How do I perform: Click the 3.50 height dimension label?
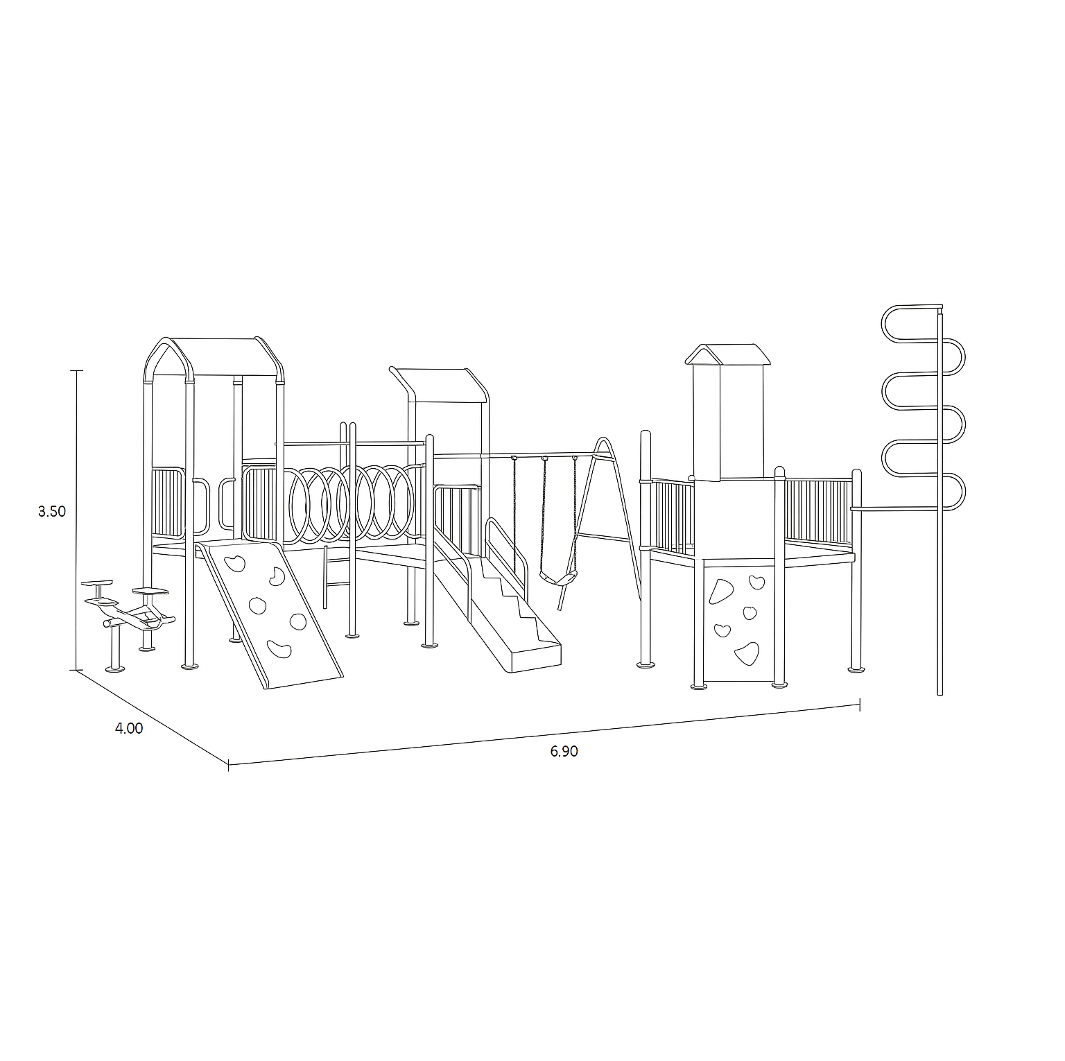pyautogui.click(x=51, y=512)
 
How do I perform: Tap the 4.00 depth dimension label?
pyautogui.click(x=129, y=729)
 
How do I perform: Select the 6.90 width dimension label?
pyautogui.click(x=564, y=752)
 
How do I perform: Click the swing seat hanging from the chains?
pyautogui.click(x=559, y=576)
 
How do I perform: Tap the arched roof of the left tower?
pyautogui.click(x=214, y=358)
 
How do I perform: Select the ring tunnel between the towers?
pyautogui.click(x=351, y=501)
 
